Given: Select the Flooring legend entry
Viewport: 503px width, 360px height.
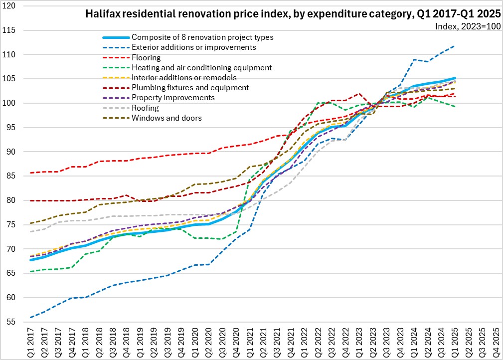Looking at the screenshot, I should [x=146, y=57].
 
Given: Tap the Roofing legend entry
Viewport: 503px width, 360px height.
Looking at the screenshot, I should [x=146, y=108].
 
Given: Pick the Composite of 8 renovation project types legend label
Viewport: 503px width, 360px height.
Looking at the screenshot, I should [x=202, y=37].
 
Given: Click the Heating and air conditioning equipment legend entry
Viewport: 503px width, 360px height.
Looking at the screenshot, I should [x=201, y=67].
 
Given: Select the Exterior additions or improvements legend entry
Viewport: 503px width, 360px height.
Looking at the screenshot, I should [x=193, y=47].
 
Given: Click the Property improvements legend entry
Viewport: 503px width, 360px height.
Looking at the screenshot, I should [x=173, y=98].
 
